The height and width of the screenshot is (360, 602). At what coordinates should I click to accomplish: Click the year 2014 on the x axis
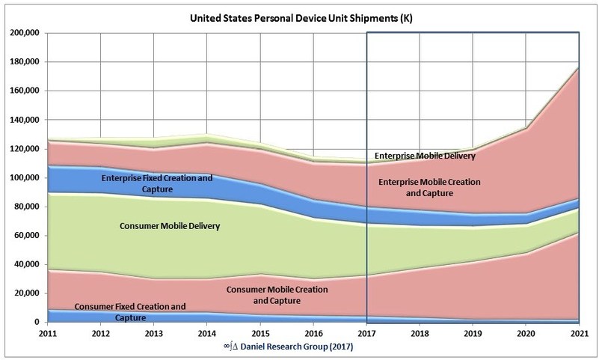pos(206,334)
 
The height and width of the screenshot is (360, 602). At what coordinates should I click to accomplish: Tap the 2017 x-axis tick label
pos(366,334)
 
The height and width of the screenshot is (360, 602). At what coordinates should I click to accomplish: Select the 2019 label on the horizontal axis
pos(473,334)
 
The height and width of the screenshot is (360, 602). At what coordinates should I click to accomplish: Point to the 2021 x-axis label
pos(579,334)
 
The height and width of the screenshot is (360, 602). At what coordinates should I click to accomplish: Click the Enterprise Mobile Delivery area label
pos(423,156)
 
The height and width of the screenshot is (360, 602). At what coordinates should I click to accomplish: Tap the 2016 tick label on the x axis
pos(313,334)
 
